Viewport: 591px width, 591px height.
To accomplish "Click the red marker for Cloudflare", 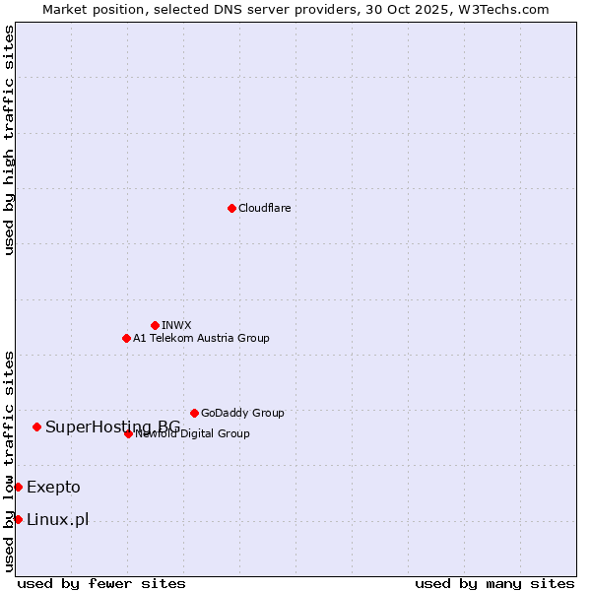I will (231, 208).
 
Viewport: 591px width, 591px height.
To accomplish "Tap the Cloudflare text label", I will (264, 208).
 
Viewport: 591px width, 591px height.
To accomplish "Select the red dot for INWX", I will (155, 325).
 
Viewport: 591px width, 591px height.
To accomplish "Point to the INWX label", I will (176, 325).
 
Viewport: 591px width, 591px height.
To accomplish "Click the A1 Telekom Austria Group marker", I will (126, 338).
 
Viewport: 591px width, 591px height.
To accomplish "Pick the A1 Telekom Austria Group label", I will (201, 338).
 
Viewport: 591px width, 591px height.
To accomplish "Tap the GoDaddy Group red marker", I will (194, 413).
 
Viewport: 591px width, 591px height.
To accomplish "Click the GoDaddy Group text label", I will (242, 413).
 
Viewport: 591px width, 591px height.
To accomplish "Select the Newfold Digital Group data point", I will (128, 433).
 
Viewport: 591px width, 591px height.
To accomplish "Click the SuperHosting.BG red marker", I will (36, 427).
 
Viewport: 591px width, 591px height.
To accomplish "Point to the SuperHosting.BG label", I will (112, 427).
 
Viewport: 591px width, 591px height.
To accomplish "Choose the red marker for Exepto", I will (18, 487).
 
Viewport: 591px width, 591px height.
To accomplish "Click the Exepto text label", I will (53, 487).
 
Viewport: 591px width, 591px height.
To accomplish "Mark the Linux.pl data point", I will (18, 519).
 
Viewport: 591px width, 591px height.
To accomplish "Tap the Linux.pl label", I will (57, 519).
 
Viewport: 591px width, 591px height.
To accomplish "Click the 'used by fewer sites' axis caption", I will (101, 583).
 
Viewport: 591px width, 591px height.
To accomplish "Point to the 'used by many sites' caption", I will (494, 583).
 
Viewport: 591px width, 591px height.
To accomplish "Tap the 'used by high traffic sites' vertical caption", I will (9, 140).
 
